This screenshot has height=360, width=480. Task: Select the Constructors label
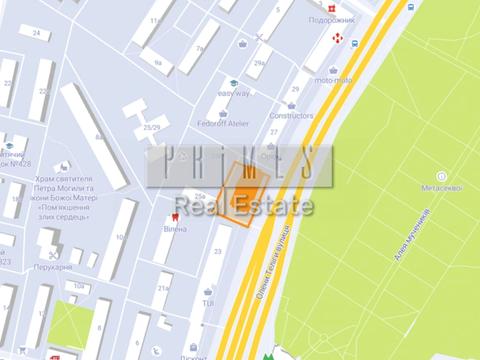291,114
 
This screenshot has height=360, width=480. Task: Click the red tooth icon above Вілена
176,212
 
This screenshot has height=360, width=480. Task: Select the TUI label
208,301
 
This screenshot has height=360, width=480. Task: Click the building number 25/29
151,127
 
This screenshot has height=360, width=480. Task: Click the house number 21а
163,288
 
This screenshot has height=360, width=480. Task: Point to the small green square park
69,328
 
